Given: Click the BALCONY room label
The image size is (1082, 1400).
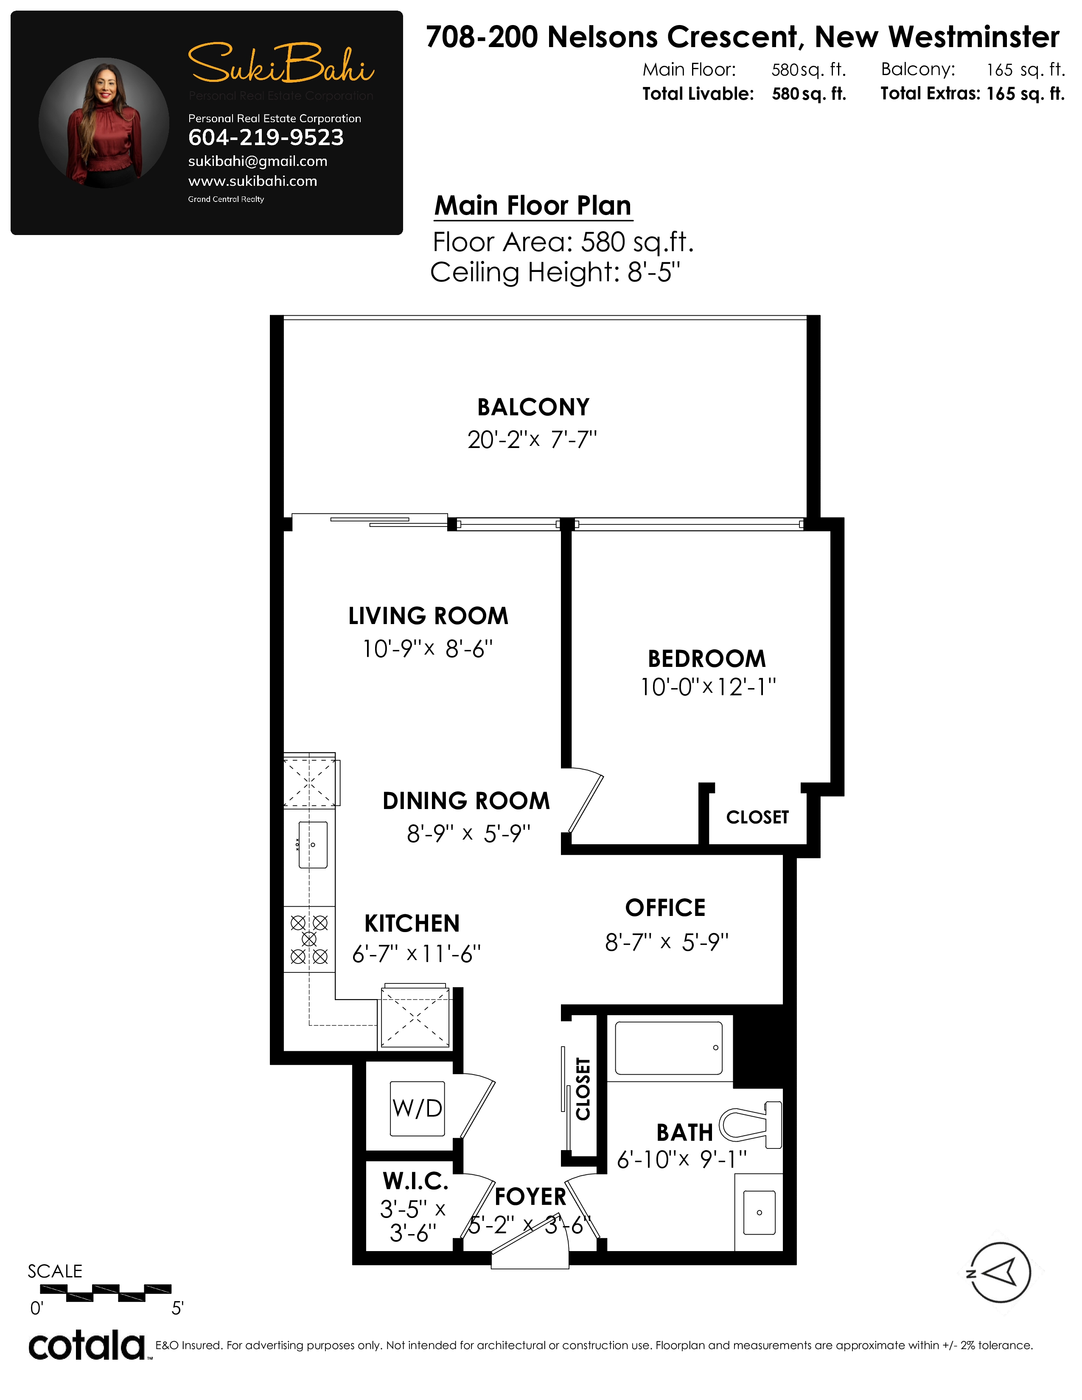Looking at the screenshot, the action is (533, 407).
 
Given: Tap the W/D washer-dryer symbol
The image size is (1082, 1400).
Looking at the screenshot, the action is (417, 1108).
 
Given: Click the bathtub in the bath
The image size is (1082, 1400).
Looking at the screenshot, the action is (669, 1048).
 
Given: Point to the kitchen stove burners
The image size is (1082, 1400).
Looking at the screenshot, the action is (309, 940).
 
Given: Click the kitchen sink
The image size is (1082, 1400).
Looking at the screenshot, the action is (313, 845).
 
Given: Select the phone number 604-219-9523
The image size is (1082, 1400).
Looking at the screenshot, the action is (266, 137).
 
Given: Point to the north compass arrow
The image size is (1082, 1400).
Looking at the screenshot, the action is (999, 1273).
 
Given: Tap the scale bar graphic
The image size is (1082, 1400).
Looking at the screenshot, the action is (106, 1292).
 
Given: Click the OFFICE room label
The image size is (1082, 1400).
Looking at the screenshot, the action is (665, 908).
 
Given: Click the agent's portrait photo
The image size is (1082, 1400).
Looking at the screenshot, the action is (104, 123).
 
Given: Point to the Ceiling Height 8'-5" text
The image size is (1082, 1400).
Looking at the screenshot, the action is (555, 272).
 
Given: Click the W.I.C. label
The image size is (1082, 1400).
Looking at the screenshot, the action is (415, 1181).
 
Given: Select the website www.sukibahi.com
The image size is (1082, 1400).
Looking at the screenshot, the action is (252, 181).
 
